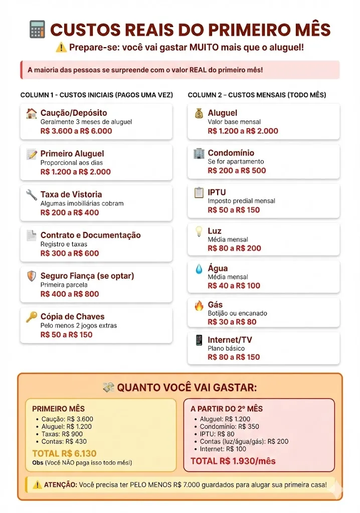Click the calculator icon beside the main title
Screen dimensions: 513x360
coord(38,30)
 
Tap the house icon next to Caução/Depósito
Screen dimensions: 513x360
coord(32,113)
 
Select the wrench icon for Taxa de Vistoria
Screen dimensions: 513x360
coord(32,194)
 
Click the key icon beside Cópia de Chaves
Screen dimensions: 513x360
coord(32,317)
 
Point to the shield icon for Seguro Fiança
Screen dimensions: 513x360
coord(32,276)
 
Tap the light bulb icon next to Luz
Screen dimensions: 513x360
coord(199,231)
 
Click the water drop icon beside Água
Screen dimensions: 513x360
coord(199,269)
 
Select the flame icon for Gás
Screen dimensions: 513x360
coord(199,305)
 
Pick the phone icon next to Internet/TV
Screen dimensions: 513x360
coord(199,340)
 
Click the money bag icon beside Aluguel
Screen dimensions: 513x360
coord(199,113)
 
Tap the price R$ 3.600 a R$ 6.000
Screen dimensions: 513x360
coord(76,131)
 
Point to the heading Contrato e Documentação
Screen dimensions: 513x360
coord(90,235)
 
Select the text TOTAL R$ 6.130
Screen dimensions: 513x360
coord(64,453)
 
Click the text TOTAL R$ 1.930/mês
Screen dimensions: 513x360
coord(233,461)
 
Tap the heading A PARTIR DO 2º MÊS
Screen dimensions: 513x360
coord(227,409)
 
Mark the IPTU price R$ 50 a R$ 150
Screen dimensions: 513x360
coord(234,210)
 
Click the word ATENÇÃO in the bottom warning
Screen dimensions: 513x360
coord(61,485)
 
